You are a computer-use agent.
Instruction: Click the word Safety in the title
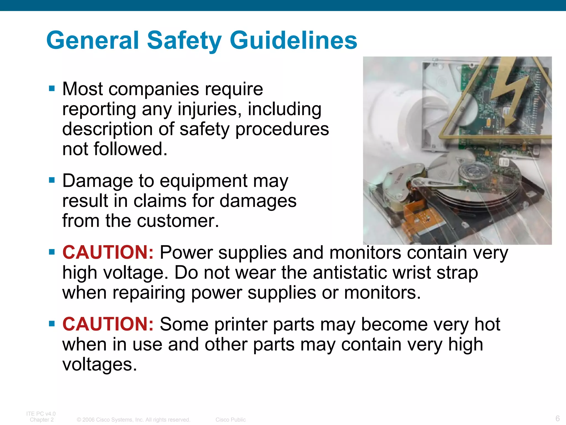tap(184, 40)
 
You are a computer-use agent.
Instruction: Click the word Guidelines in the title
tap(293, 40)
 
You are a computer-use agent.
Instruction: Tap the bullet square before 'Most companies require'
tap(52, 89)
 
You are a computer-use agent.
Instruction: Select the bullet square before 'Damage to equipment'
tap(52, 180)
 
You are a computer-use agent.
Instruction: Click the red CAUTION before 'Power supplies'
tap(108, 252)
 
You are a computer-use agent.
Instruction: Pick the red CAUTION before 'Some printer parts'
tap(108, 324)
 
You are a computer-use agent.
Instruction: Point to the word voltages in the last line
tap(100, 364)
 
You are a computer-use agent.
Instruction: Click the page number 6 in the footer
tap(557, 418)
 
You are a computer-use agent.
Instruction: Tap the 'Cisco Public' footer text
tap(230, 420)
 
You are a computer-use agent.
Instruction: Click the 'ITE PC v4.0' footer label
tap(41, 414)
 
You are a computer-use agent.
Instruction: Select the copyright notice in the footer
tap(133, 420)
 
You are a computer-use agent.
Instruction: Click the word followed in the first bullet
tap(130, 149)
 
